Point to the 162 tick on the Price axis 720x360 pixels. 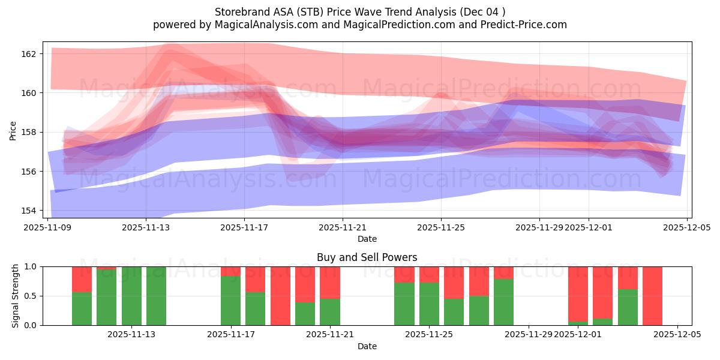29,53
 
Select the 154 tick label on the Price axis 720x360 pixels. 29,211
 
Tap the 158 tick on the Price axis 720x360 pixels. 29,132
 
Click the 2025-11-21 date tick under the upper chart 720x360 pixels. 343,227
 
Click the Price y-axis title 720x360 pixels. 13,130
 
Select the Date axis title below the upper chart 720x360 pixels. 367,239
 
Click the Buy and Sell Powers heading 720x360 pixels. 367,257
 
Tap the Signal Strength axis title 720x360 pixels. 16,296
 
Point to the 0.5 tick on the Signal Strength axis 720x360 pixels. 30,296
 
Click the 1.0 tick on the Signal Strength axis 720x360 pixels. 30,266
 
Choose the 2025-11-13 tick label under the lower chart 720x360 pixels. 131,335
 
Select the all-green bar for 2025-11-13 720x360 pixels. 131,296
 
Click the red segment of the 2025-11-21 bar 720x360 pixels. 330,282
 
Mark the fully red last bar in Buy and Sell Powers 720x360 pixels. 652,296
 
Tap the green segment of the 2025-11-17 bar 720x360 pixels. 230,301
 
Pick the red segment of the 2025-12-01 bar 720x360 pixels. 578,293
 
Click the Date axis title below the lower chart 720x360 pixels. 367,346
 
